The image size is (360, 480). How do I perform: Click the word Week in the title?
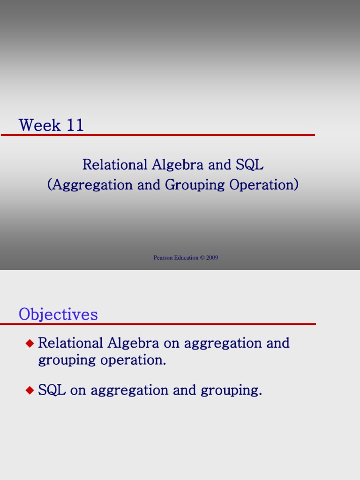click(x=39, y=125)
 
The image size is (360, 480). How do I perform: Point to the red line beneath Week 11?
click(x=158, y=135)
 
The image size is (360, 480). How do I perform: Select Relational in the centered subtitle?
click(x=115, y=165)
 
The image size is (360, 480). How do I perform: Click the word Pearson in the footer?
click(x=163, y=258)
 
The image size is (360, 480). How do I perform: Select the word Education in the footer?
click(x=186, y=258)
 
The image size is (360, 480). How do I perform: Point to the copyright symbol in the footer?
click(x=202, y=258)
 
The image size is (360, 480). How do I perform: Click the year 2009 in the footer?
click(x=212, y=258)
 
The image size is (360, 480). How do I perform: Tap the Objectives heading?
click(x=58, y=314)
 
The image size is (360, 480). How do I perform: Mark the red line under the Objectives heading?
click(x=158, y=324)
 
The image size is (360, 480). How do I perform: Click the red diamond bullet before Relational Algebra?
click(x=30, y=344)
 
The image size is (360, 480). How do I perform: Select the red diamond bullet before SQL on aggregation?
click(x=30, y=390)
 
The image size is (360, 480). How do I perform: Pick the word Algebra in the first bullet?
click(x=134, y=343)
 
